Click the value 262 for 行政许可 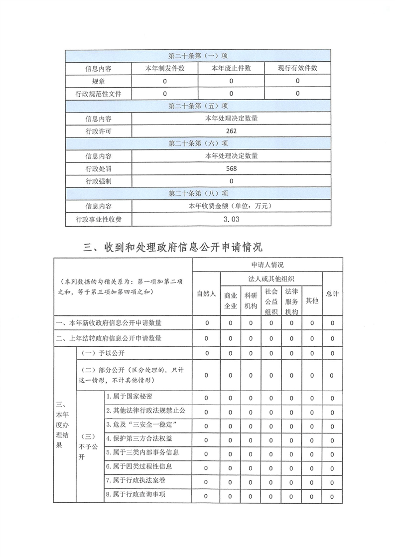(231, 132)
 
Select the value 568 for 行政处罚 (231, 169)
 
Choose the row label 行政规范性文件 (98, 94)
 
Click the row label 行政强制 (98, 181)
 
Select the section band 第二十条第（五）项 (198, 106)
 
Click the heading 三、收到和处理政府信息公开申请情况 (173, 247)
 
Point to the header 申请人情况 (267, 265)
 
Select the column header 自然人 (206, 294)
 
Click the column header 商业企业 (230, 300)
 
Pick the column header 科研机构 (251, 300)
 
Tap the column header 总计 (332, 294)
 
